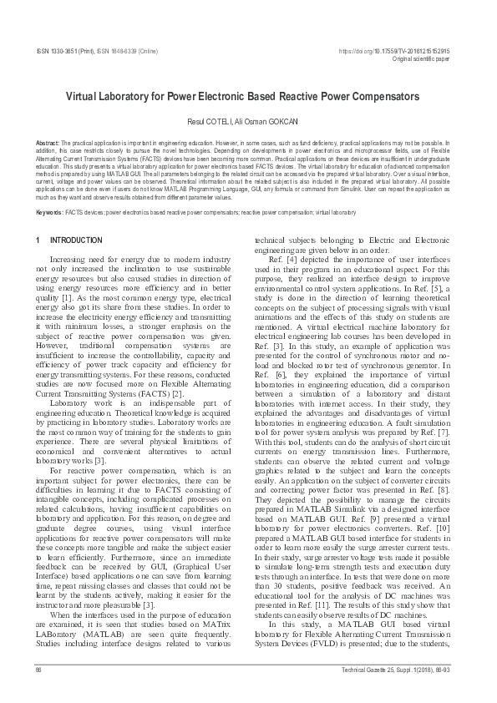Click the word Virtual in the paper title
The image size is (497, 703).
coord(86,97)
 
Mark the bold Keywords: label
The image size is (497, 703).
coord(50,213)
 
